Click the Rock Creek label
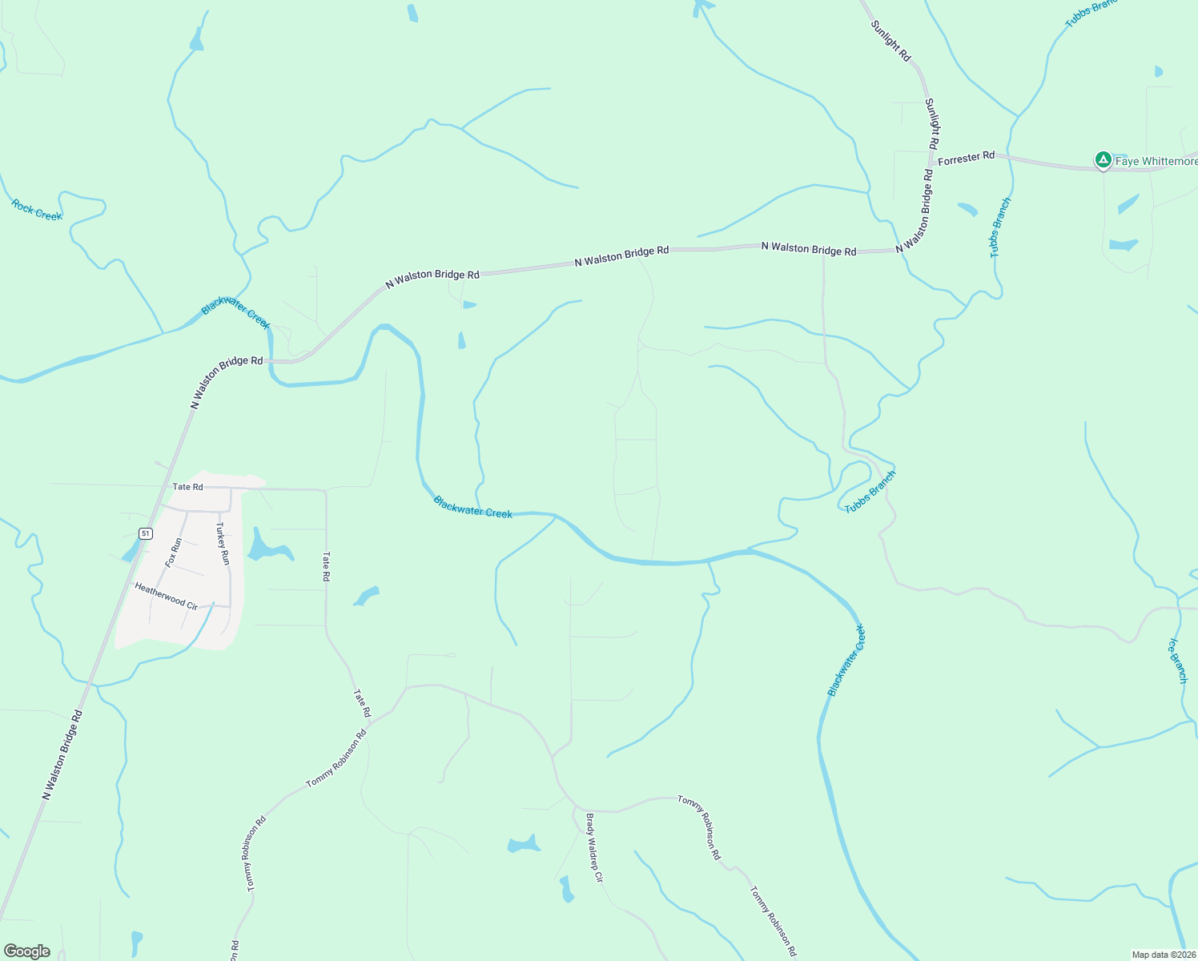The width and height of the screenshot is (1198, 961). [37, 211]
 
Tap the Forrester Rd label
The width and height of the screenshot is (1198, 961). [966, 159]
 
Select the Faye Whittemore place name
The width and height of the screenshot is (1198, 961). [1156, 162]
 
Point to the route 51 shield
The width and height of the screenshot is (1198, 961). [145, 533]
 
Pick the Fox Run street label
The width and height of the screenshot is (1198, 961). [174, 553]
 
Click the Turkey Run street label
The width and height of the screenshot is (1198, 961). [223, 544]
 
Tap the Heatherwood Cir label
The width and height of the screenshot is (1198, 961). [166, 596]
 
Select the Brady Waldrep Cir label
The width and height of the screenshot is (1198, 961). [593, 848]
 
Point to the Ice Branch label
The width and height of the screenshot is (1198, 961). [1178, 661]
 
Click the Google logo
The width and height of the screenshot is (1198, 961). [27, 951]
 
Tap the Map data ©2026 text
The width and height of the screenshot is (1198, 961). [1163, 955]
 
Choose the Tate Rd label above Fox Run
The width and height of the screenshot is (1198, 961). [187, 487]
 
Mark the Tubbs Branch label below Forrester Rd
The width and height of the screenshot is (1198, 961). [1000, 227]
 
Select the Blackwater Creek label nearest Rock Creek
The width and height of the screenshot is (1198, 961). [235, 313]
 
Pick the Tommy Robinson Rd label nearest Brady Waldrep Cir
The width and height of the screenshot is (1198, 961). [699, 827]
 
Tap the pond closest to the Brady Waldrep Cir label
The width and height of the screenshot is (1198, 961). [566, 889]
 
